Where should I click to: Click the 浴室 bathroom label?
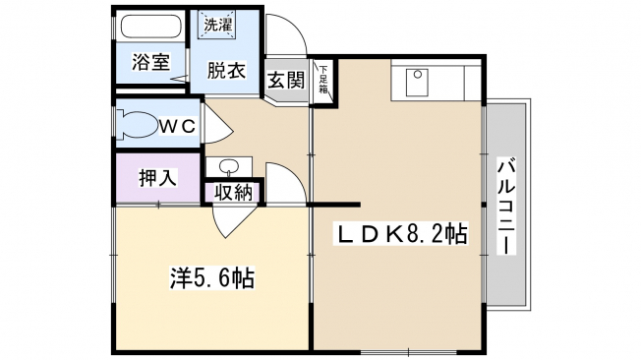point(150,62)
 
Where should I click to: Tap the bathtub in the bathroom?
point(151,28)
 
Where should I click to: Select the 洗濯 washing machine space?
point(218,25)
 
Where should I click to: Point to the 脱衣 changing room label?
point(226,70)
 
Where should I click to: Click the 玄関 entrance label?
point(286,80)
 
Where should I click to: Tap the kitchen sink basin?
point(417,83)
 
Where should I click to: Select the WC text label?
point(177,127)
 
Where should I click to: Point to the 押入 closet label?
point(158,178)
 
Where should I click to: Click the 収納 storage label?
point(234,192)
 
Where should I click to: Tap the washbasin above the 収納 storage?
point(228,167)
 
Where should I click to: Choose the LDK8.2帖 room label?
point(401,235)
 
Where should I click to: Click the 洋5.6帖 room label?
point(212,278)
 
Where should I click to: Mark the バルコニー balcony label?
point(507,207)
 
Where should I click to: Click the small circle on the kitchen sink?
point(418,75)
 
